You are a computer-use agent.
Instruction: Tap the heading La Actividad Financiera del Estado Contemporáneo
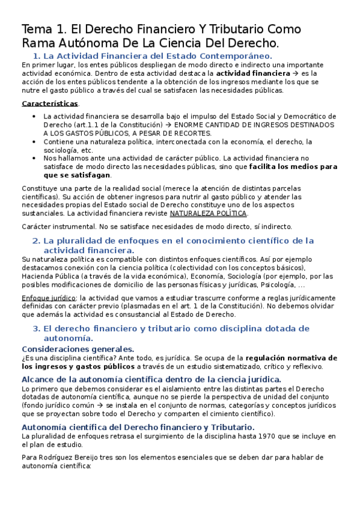click(x=148, y=55)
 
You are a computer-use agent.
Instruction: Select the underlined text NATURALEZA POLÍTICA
click(x=209, y=213)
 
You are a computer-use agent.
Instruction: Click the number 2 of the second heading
click(x=35, y=241)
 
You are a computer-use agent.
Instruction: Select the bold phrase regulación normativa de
click(x=281, y=358)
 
